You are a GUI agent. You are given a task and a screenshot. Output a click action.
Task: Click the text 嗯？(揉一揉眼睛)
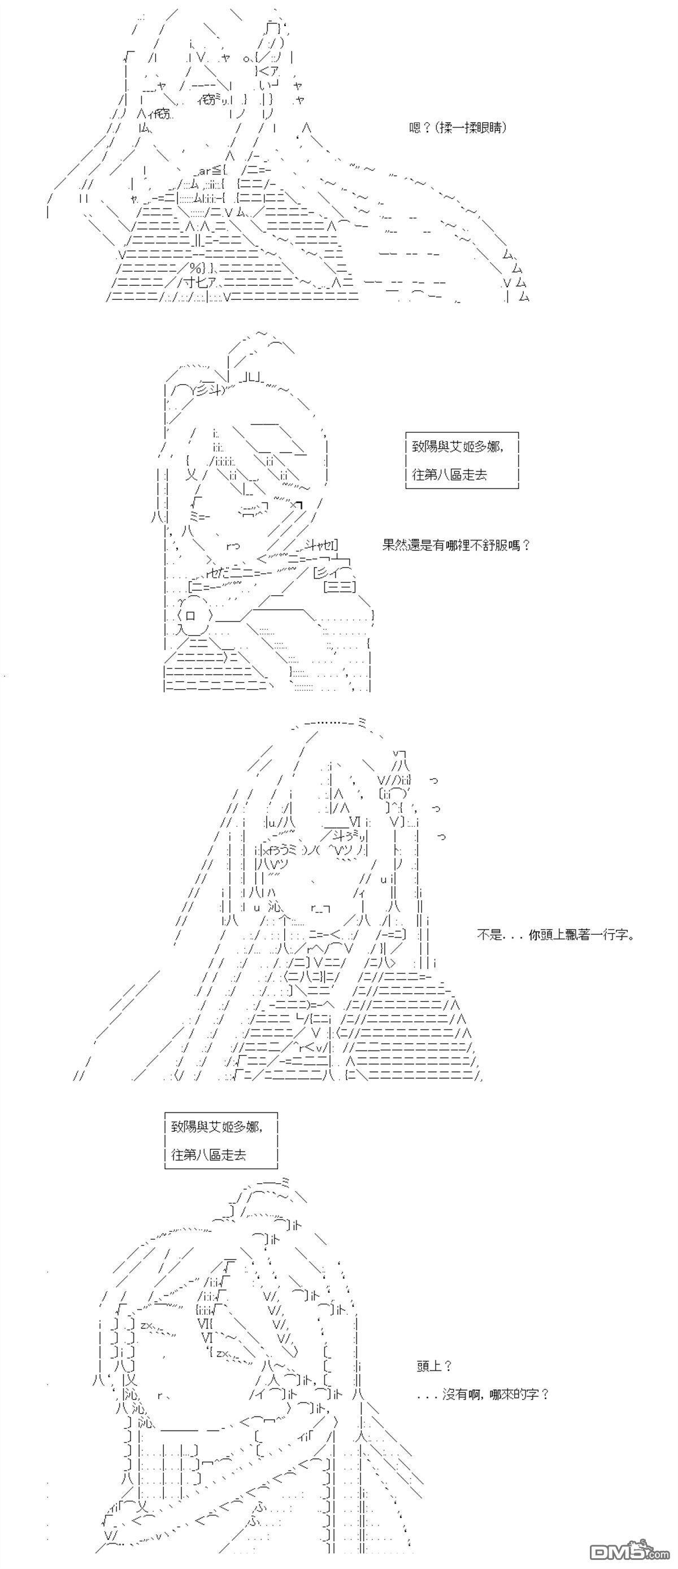tap(458, 128)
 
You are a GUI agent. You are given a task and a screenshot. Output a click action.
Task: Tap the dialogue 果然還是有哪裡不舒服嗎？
tap(457, 545)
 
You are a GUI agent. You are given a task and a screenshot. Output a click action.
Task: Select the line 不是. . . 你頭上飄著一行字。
tap(555, 934)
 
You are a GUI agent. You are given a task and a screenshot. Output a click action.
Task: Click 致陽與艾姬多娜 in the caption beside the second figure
tap(457, 446)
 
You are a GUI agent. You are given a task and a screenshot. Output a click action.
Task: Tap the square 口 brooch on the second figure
tap(190, 614)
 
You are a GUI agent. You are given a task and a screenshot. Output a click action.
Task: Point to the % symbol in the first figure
tap(195, 268)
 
